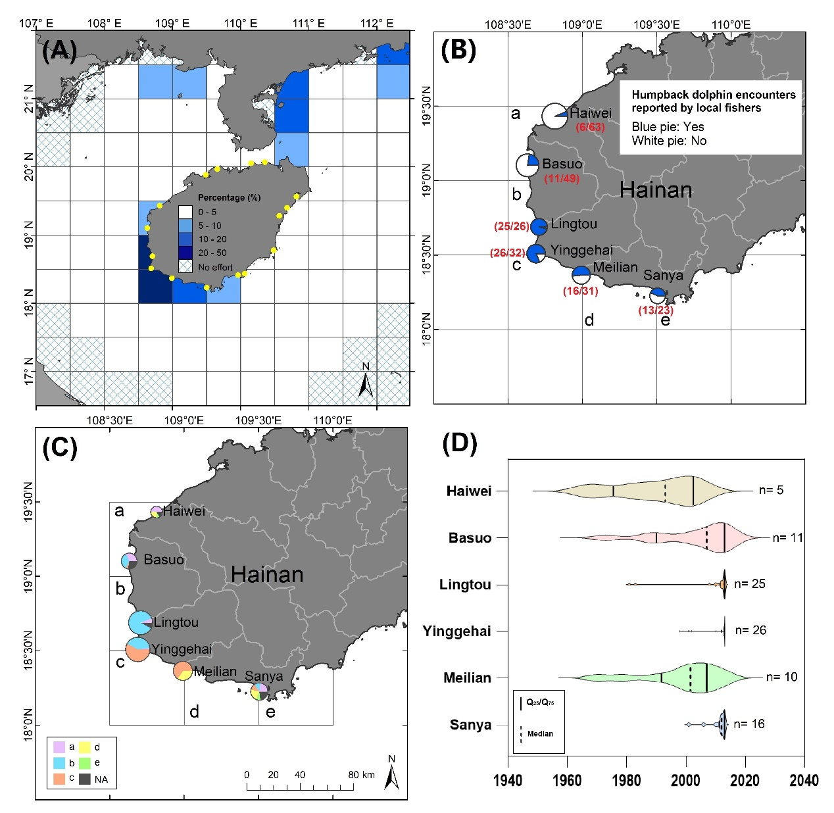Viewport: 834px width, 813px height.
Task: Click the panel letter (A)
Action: coord(59,51)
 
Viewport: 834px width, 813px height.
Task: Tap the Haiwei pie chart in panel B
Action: coord(554,116)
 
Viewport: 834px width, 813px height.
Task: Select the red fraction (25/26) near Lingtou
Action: coord(511,226)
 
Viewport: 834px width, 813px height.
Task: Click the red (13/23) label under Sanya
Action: coord(656,310)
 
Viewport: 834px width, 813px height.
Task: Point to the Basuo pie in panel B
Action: coord(527,165)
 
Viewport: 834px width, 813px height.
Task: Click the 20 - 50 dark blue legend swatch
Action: coord(185,253)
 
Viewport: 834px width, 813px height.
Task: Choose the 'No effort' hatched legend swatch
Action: coord(185,267)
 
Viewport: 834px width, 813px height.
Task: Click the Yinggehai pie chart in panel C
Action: coord(137,650)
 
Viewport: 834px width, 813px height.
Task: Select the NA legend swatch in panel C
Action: coord(84,779)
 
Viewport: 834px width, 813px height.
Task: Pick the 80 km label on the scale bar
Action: coord(362,775)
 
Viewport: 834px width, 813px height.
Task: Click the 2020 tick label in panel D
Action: coord(745,780)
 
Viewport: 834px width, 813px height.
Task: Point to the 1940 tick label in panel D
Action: coord(508,780)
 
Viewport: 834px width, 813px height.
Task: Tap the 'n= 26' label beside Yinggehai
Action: coord(750,630)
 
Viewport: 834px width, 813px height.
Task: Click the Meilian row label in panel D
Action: coord(467,677)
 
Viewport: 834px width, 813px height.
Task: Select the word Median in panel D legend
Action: coord(540,733)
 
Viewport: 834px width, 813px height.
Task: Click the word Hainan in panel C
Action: coord(267,574)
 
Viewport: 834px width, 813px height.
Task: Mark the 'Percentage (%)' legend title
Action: coord(229,197)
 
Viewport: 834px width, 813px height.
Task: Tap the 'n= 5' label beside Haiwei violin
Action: coord(771,490)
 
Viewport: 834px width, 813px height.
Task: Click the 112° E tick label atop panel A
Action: coord(377,24)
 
